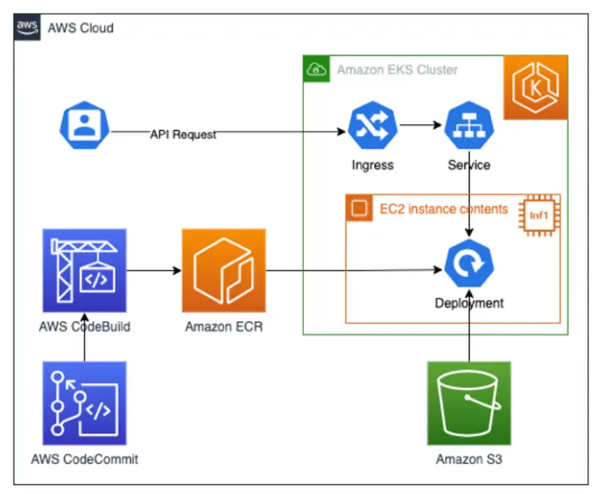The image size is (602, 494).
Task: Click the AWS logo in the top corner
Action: point(27,27)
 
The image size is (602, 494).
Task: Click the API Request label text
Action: point(183,135)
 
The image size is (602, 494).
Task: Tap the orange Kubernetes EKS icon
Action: point(536,87)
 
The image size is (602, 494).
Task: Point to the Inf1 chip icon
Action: point(538,216)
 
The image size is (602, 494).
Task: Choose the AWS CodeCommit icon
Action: point(84,403)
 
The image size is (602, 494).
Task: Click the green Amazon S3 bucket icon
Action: point(468,403)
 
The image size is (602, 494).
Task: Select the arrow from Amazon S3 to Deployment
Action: point(468,331)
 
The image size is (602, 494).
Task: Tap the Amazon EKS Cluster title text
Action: point(397,70)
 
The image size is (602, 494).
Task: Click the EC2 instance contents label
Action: point(438,208)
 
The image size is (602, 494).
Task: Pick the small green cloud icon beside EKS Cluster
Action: point(317,70)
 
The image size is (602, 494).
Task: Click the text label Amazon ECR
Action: point(223,326)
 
